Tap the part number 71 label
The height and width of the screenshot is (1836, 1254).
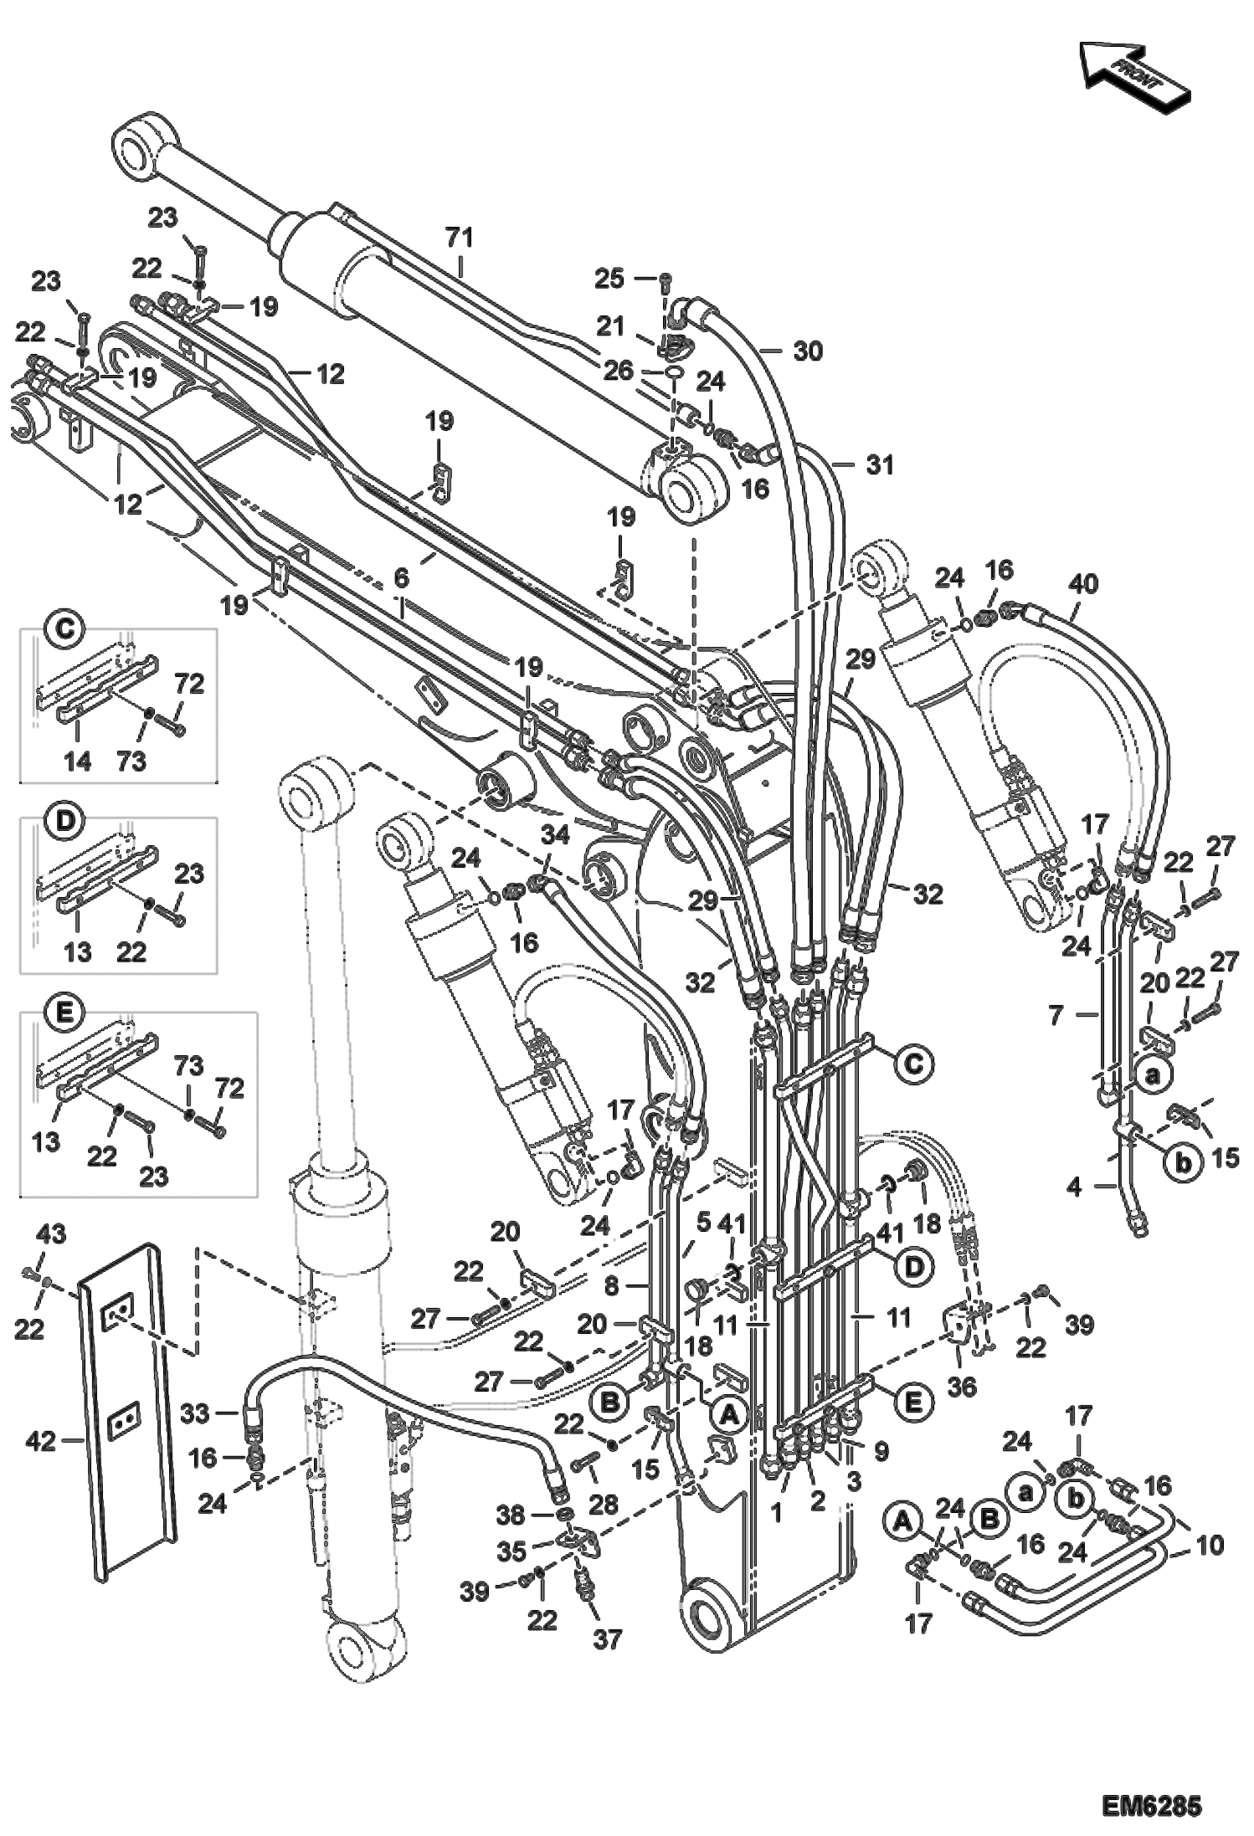click(459, 238)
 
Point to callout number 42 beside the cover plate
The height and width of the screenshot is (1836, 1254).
click(41, 1441)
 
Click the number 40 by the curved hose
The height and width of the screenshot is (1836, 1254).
click(1082, 583)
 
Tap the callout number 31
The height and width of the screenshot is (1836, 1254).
click(879, 464)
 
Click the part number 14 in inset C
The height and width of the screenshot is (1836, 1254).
click(77, 761)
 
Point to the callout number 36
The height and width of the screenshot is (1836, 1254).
click(961, 1387)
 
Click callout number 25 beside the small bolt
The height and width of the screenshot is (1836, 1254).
click(609, 278)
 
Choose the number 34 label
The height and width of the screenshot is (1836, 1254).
click(555, 834)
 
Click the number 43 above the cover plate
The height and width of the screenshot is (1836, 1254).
click(50, 1233)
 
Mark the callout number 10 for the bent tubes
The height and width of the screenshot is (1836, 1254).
click(1210, 1545)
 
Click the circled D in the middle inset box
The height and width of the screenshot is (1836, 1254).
click(65, 822)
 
